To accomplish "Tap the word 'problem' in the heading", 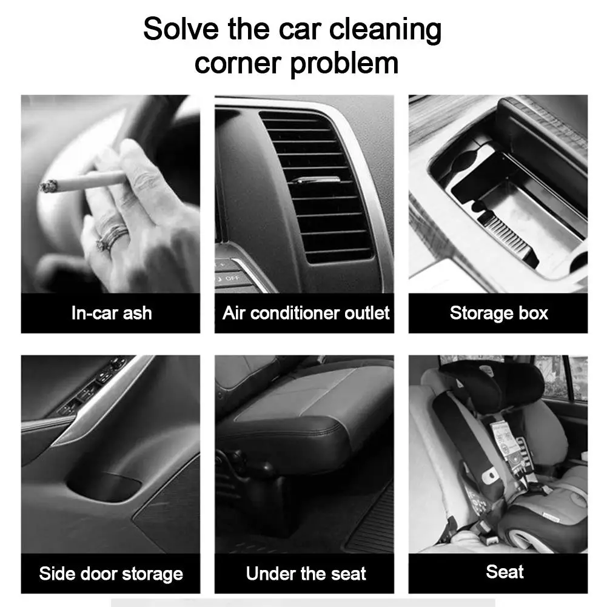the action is (x=344, y=64).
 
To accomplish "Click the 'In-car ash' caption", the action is (x=112, y=313).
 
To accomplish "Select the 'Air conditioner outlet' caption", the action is (x=306, y=313).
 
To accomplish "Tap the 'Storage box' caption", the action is (x=499, y=313).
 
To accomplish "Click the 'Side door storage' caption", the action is (x=111, y=573).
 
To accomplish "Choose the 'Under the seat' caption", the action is (x=306, y=573).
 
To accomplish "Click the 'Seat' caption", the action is (x=505, y=571).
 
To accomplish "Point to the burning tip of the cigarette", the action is (x=48, y=186).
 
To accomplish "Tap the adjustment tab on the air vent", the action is (x=315, y=179).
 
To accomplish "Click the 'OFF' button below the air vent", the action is (x=232, y=278).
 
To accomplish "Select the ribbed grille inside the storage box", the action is (x=506, y=233).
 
